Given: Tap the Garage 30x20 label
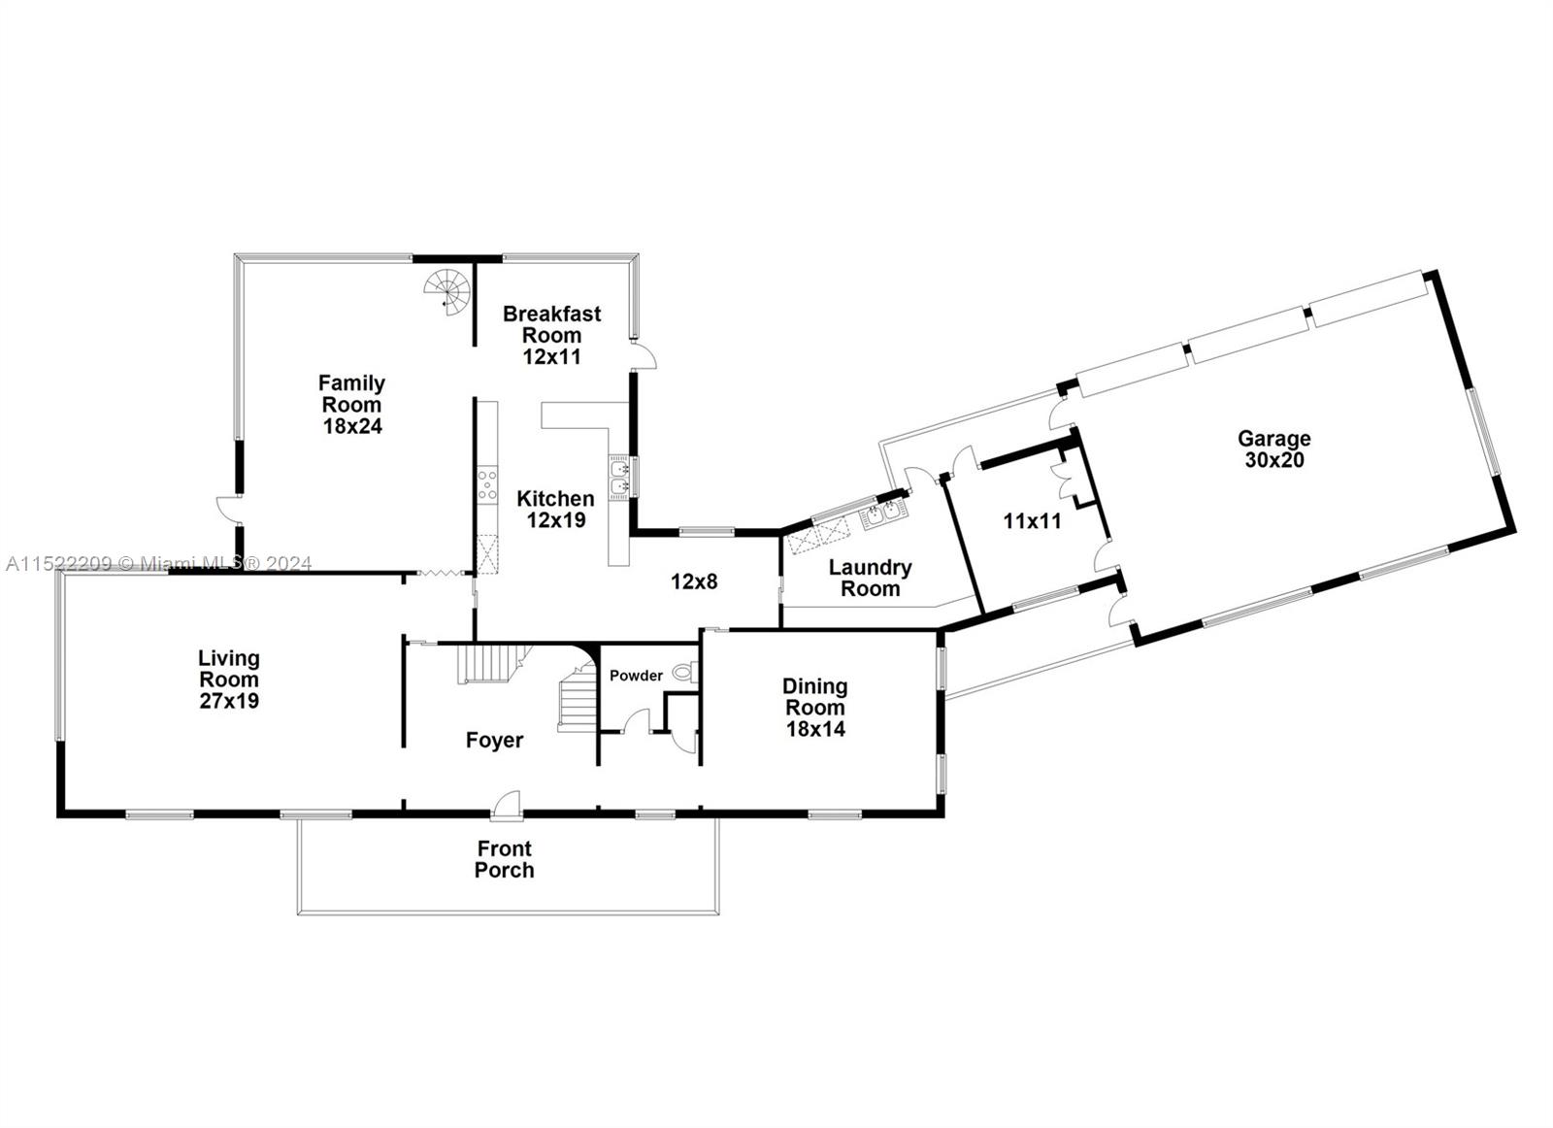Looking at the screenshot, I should (1273, 449).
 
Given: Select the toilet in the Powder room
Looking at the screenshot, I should (684, 671).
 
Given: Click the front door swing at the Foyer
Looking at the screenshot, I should (507, 804).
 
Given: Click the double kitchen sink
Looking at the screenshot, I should (619, 477).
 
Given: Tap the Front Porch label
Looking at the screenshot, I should (504, 859).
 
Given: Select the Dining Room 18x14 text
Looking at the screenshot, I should (814, 707).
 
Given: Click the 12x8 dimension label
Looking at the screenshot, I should (694, 581).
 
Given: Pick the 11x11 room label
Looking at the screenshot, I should (1032, 521).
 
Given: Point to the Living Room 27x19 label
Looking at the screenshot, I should (229, 679).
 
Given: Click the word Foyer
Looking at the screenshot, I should (494, 741).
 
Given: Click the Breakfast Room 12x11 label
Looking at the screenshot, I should (551, 335).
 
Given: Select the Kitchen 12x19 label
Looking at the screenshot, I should (555, 509).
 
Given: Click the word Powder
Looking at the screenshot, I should (636, 676).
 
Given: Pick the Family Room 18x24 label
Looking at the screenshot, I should (351, 404).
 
